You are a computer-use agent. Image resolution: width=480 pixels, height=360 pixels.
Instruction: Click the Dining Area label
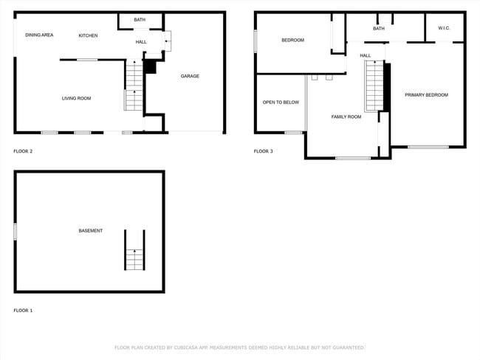[39, 35]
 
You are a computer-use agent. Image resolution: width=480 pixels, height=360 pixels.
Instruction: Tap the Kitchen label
[88, 35]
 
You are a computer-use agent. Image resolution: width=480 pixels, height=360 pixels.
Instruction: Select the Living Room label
[76, 97]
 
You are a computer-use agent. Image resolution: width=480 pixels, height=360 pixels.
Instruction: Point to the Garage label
[190, 76]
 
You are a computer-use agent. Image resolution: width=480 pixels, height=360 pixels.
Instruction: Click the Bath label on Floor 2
[140, 19]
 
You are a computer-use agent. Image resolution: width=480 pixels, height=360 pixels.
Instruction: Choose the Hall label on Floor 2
[141, 42]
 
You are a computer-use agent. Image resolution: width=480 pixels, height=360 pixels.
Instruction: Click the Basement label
[90, 231]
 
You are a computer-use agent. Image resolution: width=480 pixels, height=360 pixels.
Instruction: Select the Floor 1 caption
[23, 311]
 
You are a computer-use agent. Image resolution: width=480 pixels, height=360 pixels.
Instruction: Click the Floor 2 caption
[23, 151]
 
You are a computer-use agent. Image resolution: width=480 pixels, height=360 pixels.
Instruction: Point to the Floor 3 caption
[263, 151]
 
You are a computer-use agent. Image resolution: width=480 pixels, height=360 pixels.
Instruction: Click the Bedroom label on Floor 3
[292, 40]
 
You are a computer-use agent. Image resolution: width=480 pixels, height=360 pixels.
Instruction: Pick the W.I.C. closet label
[444, 28]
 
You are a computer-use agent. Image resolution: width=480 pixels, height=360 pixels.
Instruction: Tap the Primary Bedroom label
[426, 94]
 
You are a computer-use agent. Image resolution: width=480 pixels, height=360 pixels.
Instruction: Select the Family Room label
[346, 117]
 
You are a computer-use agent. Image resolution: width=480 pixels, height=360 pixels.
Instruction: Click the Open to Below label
[281, 102]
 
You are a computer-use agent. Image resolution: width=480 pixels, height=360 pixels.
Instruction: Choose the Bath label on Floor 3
[379, 29]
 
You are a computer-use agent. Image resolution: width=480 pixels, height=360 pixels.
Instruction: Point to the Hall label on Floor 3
[366, 55]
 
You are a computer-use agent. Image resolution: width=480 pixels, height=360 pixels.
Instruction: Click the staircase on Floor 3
[374, 86]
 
